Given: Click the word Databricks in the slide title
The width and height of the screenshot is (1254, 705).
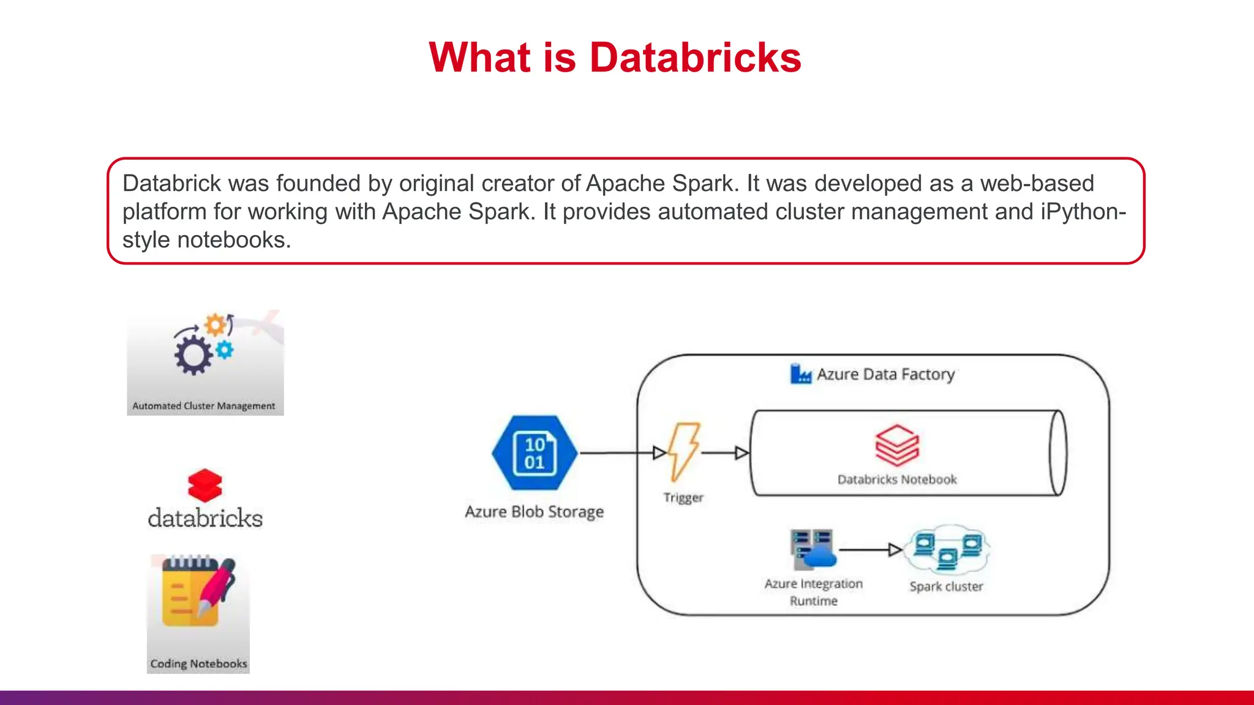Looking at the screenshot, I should [695, 58].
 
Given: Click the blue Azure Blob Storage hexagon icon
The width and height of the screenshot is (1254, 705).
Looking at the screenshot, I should [535, 453].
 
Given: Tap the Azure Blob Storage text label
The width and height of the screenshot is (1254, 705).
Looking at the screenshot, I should [534, 512].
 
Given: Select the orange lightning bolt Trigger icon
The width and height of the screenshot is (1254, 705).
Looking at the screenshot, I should [683, 452].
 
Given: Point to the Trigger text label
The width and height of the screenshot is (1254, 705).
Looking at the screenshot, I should [683, 498].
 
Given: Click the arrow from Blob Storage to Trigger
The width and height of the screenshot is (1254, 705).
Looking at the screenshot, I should [618, 453].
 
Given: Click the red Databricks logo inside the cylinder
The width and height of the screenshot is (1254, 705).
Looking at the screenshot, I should [897, 445].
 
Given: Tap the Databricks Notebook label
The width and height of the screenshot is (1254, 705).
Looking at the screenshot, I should [897, 480].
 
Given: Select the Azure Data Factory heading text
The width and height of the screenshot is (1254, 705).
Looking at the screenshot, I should [885, 374].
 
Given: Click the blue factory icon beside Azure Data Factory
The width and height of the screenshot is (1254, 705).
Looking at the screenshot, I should [800, 373].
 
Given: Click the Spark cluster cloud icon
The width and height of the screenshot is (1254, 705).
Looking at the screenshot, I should [947, 548].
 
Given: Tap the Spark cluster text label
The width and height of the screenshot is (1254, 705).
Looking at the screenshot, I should [946, 586].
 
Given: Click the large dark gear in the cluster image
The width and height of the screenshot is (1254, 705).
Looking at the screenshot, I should [193, 354].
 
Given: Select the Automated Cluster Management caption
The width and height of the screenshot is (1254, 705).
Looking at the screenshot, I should [204, 406].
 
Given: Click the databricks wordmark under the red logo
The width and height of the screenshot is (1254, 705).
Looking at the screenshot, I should [205, 518].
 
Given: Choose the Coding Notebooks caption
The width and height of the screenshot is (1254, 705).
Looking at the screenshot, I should [198, 664].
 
